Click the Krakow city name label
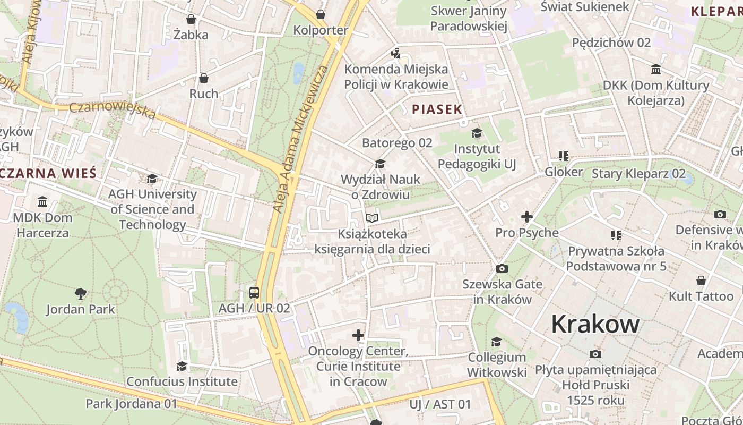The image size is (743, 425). [594, 324]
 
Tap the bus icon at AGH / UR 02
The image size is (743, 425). [254, 292]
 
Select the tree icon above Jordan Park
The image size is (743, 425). [81, 293]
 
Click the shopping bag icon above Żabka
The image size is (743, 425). [191, 19]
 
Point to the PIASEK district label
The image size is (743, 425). [437, 109]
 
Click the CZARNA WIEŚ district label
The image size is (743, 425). [49, 173]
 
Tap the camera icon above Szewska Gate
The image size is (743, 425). [502, 269]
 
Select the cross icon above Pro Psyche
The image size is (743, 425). [526, 217]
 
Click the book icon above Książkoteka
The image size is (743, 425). [372, 218]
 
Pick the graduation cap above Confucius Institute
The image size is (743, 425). [182, 366]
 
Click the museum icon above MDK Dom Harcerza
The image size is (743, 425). [42, 202]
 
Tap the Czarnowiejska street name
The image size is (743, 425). [113, 110]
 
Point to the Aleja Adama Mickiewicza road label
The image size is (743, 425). [299, 140]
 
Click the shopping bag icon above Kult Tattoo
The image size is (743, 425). [701, 280]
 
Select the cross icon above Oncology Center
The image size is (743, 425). [358, 335]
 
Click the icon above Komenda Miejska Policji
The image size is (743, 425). [395, 53]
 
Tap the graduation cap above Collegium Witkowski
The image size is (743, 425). [496, 341]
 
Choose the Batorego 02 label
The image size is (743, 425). [397, 143]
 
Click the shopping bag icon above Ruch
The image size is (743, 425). [203, 78]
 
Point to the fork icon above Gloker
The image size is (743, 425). [563, 156]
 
